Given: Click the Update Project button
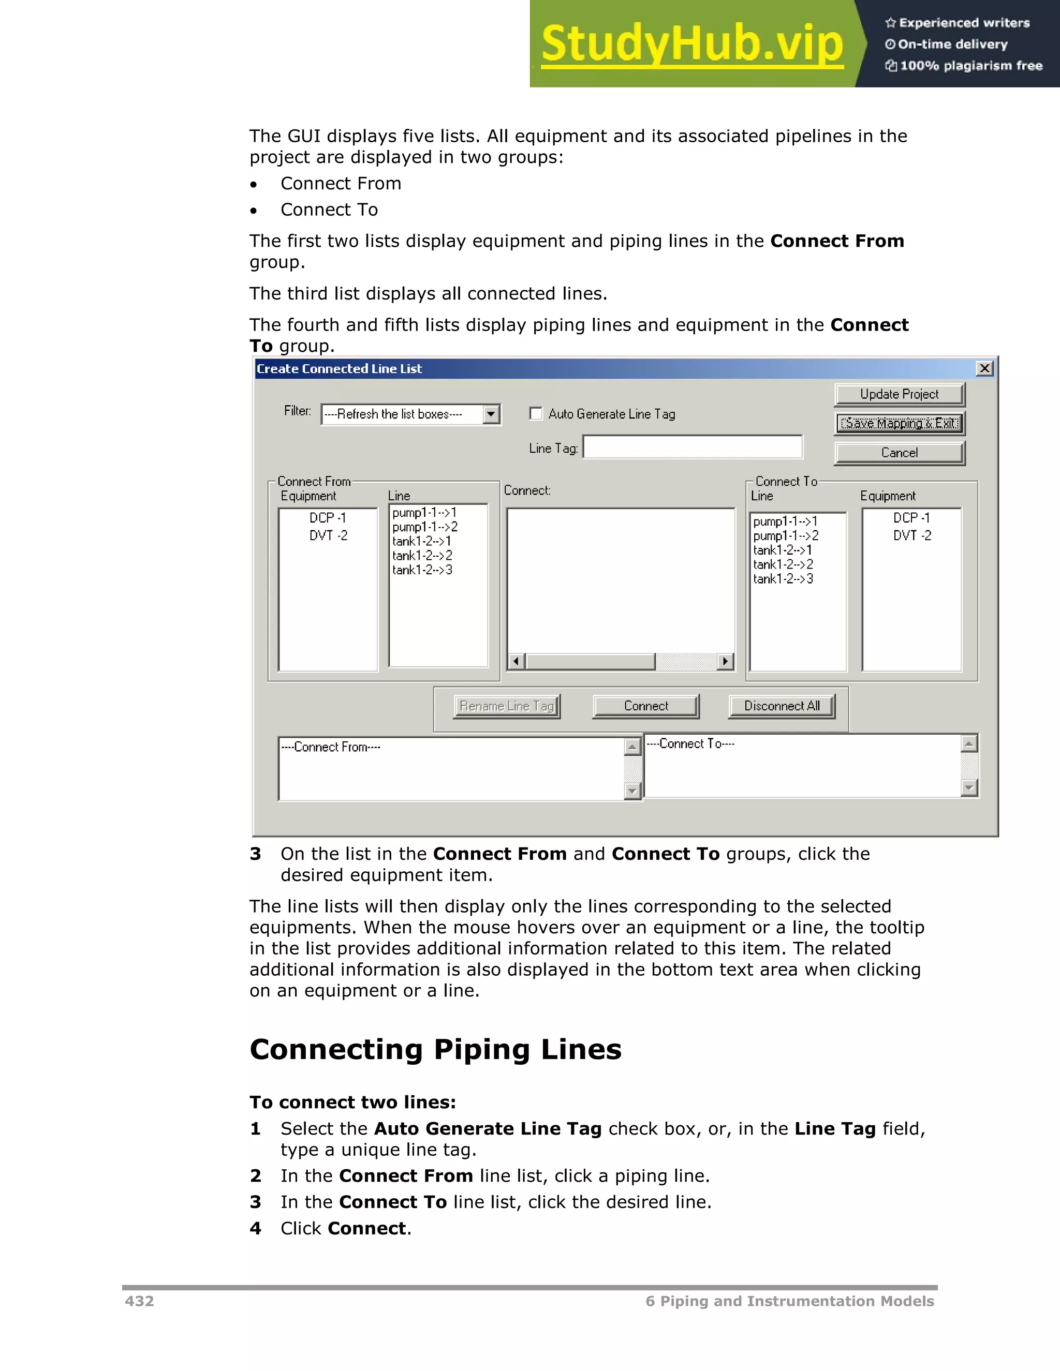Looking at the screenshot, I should [899, 394].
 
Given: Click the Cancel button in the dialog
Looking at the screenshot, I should [899, 453].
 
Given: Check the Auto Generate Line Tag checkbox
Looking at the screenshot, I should [536, 414].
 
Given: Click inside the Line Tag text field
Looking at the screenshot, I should [692, 447].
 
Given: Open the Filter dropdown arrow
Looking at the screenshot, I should [491, 414].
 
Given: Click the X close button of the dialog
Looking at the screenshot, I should [984, 368].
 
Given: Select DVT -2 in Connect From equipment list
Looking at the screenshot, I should [328, 535].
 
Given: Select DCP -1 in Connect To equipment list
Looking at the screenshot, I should [911, 518].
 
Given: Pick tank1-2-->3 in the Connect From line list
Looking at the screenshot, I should [422, 570].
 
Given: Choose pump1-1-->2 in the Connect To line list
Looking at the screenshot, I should [786, 536].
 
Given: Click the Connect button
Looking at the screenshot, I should [645, 706].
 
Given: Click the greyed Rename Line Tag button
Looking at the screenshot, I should [506, 706].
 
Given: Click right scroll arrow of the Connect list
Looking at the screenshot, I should [725, 661].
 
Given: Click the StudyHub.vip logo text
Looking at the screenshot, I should [692, 44].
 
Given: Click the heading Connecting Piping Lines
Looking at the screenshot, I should [435, 1049].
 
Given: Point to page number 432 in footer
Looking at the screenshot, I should [139, 1301].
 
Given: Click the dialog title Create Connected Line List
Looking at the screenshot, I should [339, 368].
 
